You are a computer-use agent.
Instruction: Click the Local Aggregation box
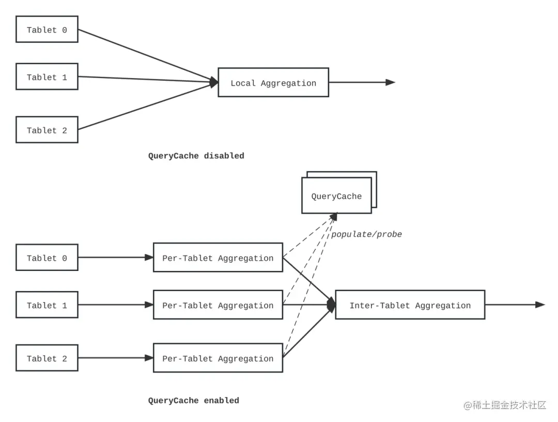coord(273,82)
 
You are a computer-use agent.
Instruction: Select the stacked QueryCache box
coord(339,193)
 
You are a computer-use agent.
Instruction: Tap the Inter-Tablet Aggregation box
coord(410,305)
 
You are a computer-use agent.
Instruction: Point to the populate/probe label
coord(366,234)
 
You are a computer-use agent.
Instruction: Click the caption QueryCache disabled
coord(196,156)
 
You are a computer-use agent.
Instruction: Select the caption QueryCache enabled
coord(194,401)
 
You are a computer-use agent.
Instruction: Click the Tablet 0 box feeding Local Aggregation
coord(47,29)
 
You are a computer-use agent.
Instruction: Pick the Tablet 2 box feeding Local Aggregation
coord(47,130)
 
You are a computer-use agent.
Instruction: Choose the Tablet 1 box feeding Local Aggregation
coord(47,77)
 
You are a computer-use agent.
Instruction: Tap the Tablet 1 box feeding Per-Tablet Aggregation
coord(47,305)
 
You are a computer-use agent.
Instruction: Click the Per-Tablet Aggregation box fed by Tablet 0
coord(218,258)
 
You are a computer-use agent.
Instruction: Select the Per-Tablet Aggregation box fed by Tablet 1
coord(218,305)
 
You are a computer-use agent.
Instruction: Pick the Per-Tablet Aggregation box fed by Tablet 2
coord(218,358)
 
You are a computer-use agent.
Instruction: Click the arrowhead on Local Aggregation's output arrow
coord(391,82)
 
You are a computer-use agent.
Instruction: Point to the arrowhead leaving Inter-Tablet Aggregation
coord(540,305)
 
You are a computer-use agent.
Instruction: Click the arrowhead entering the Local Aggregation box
coord(213,82)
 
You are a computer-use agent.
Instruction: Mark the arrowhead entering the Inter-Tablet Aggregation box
coord(331,305)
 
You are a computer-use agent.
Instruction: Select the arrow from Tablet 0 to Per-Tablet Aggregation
coord(116,258)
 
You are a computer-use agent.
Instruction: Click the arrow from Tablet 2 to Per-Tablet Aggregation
coord(116,358)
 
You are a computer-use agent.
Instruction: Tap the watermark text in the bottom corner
coord(505,405)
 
